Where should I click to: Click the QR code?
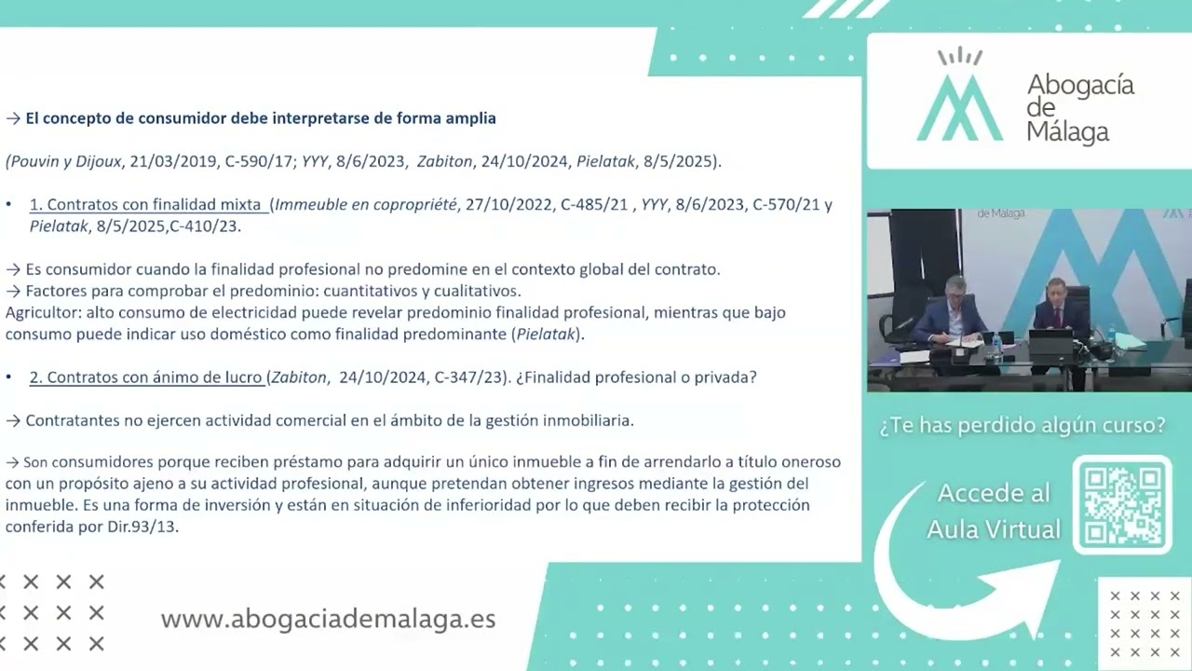(x=1122, y=504)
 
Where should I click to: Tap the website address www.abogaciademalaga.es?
(x=328, y=620)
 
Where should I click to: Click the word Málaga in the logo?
(x=1067, y=131)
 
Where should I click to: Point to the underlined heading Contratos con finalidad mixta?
(x=148, y=205)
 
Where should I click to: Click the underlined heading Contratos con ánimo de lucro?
(x=145, y=377)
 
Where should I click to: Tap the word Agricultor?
(x=43, y=313)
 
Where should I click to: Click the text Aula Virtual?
(x=994, y=529)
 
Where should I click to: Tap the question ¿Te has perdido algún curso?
(x=1023, y=426)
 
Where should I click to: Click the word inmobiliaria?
(x=584, y=420)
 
